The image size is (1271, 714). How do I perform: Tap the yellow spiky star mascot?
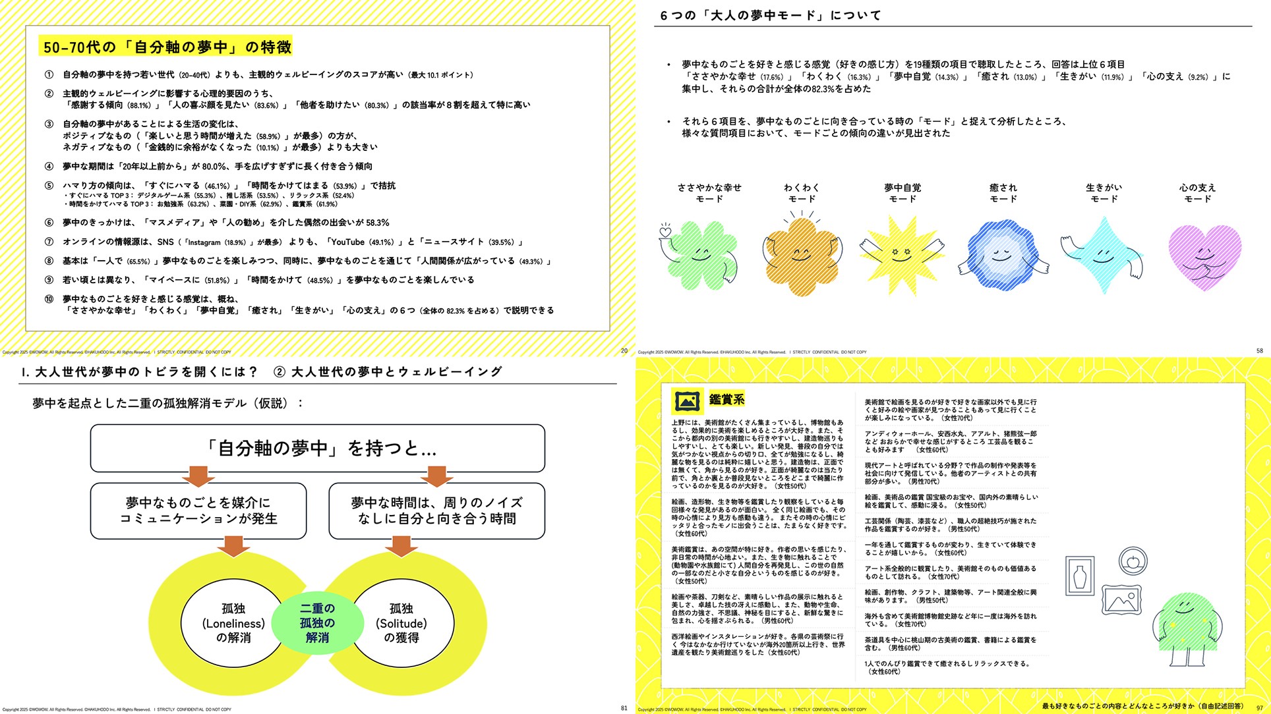(901, 254)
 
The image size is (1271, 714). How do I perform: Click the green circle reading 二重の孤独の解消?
(317, 622)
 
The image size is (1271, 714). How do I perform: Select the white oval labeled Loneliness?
(233, 623)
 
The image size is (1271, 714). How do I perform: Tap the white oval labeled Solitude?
(401, 623)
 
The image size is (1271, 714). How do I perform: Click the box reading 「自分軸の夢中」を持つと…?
(318, 449)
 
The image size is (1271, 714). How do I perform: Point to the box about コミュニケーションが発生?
(198, 511)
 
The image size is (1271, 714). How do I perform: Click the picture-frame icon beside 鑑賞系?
(687, 400)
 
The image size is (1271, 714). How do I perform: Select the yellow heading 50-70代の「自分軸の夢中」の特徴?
(167, 47)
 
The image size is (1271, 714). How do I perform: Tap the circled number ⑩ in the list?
(49, 299)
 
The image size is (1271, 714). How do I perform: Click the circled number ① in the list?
(49, 75)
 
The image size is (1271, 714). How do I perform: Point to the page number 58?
(1259, 351)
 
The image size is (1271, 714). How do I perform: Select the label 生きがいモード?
(1104, 193)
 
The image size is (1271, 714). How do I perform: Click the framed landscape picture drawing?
(1121, 600)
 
